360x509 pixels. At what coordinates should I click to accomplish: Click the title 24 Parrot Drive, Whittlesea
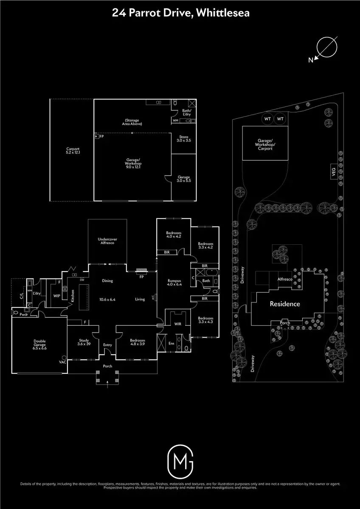coord(180,13)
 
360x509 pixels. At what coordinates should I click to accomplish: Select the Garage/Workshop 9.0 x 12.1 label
coord(133,163)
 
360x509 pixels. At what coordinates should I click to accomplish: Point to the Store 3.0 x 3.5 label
coord(183,138)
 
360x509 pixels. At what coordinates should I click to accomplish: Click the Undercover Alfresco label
coord(107,241)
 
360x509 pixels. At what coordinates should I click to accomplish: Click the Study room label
coord(83,342)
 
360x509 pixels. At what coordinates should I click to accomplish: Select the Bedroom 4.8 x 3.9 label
coord(138,342)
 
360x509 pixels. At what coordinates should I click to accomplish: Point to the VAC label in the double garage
coord(62,362)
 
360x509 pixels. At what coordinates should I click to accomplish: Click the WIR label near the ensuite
coord(178,324)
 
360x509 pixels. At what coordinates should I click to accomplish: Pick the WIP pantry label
coord(56,296)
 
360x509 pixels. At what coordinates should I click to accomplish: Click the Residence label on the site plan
coord(285,304)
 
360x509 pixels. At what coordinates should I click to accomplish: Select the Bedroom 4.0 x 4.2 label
coord(173,235)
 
